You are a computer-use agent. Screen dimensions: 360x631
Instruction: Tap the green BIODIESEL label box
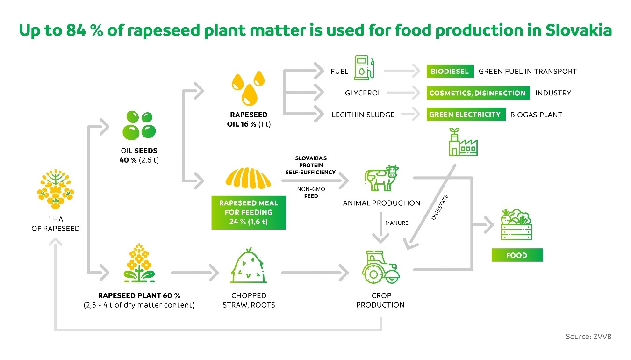[450, 72]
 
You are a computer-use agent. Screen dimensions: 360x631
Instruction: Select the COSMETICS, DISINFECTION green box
[477, 93]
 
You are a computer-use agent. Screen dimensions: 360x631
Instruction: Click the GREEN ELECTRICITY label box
[465, 115]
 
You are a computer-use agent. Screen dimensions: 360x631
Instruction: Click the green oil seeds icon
[139, 125]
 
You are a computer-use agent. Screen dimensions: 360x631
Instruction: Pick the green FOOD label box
[516, 255]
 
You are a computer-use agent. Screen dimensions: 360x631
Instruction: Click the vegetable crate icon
[516, 225]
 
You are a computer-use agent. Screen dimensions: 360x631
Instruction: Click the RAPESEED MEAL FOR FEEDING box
[248, 212]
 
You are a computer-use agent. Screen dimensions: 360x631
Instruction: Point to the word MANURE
[396, 223]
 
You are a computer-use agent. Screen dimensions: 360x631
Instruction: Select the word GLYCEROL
[363, 93]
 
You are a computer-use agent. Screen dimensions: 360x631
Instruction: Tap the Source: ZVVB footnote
[588, 337]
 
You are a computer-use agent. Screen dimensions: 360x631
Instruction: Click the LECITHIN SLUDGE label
[363, 115]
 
